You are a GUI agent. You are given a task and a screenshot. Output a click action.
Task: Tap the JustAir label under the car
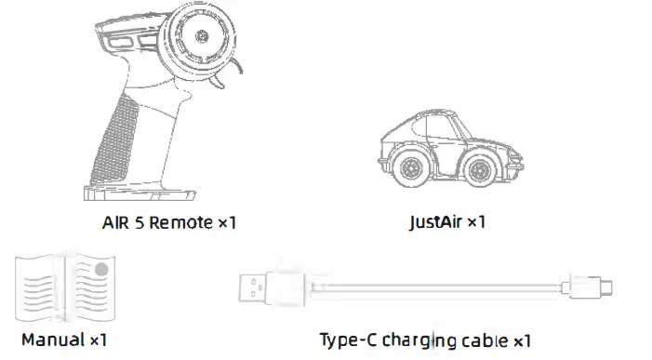tap(435, 223)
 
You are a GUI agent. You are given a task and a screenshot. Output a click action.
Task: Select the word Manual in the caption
tap(52, 340)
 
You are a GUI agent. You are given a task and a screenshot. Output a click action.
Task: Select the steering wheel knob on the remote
tap(204, 35)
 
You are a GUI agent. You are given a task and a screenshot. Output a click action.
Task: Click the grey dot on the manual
tap(101, 270)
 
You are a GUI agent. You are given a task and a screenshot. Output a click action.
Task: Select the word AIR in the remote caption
tap(115, 223)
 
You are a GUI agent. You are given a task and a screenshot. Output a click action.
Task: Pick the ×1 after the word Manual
tap(98, 340)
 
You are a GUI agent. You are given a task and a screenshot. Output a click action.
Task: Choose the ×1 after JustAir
tap(476, 223)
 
